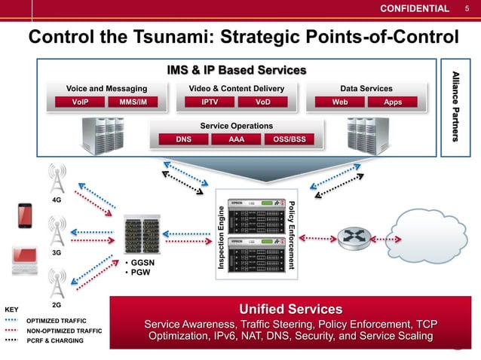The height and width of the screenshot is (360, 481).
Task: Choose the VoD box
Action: (263, 101)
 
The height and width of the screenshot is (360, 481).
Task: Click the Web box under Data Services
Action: (340, 101)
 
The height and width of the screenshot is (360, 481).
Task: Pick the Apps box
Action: (393, 101)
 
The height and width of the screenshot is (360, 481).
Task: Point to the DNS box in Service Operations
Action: (183, 139)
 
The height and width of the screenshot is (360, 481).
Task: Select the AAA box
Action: (236, 139)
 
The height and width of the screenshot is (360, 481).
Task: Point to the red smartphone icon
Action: (24, 216)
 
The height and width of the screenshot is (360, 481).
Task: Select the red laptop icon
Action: (25, 259)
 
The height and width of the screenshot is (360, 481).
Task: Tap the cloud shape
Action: (432, 237)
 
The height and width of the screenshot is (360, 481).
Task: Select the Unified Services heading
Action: (290, 309)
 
